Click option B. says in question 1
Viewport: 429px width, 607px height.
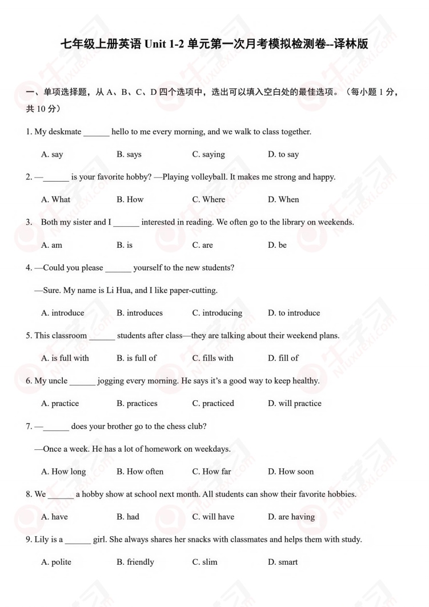[129, 154]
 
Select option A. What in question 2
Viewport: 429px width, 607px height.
[56, 199]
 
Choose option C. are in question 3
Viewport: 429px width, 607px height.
[203, 245]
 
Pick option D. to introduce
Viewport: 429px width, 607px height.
[294, 313]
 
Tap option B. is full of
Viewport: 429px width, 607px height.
[137, 358]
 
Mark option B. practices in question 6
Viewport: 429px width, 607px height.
[137, 403]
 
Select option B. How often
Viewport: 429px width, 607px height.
[140, 472]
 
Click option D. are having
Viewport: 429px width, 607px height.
[291, 517]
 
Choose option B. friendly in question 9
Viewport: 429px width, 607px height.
[135, 562]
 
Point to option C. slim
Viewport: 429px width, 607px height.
[205, 562]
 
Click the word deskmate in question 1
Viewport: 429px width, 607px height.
[65, 132]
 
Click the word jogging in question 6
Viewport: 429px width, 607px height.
[110, 381]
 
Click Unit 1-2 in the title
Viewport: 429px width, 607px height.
[166, 44]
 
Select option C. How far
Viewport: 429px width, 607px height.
[212, 472]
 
